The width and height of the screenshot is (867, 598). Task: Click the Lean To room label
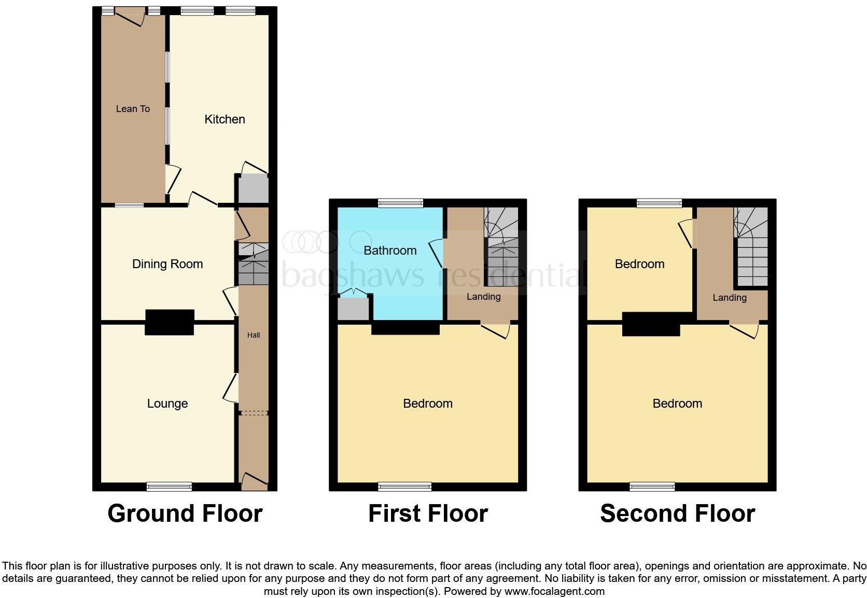point(133,109)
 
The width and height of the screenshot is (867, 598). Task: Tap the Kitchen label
point(225,119)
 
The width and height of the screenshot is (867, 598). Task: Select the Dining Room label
point(167,264)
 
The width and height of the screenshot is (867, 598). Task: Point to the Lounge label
point(167,404)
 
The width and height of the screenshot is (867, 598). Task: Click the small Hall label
point(254,335)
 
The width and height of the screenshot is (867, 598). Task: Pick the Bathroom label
point(390,251)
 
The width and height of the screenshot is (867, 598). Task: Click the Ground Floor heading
point(185,513)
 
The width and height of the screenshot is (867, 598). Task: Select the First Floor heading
point(428,513)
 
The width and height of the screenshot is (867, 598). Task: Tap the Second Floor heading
point(677,513)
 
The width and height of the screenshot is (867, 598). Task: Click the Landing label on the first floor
point(483,297)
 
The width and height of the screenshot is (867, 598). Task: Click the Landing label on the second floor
point(729,298)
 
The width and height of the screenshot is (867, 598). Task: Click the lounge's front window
point(169,486)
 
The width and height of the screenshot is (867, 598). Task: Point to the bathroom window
point(400,203)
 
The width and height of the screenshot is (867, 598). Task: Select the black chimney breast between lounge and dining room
point(170,322)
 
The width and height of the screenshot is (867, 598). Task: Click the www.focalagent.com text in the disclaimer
point(554,591)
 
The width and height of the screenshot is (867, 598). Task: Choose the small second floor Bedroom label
point(639,264)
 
